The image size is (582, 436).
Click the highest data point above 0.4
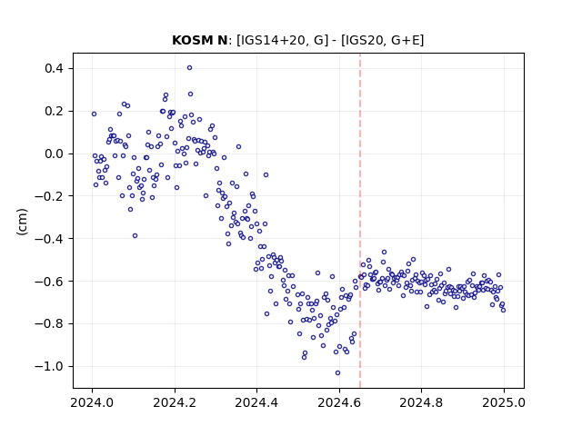(x=190, y=68)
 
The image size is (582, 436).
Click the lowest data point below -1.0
(x=337, y=373)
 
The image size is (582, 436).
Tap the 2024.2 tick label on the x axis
(x=175, y=402)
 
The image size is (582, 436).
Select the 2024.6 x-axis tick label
(x=339, y=402)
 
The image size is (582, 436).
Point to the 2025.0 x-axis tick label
(x=504, y=402)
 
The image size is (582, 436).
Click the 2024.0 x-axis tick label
(x=92, y=402)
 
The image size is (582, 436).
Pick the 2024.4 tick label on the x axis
(x=256, y=402)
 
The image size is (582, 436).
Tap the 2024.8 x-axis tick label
(x=421, y=402)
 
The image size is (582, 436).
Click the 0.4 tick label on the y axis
(x=54, y=69)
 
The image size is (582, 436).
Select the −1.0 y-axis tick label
(x=49, y=367)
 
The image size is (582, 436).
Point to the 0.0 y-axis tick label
(x=54, y=154)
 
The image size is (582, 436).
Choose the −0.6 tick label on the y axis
(x=49, y=282)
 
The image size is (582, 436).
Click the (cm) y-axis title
(x=22, y=222)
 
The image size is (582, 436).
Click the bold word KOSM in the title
(x=190, y=40)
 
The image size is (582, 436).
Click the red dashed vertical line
(x=360, y=221)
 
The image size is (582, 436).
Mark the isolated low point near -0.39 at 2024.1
(x=135, y=236)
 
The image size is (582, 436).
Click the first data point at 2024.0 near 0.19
(x=94, y=114)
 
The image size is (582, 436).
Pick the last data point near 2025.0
(x=503, y=310)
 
